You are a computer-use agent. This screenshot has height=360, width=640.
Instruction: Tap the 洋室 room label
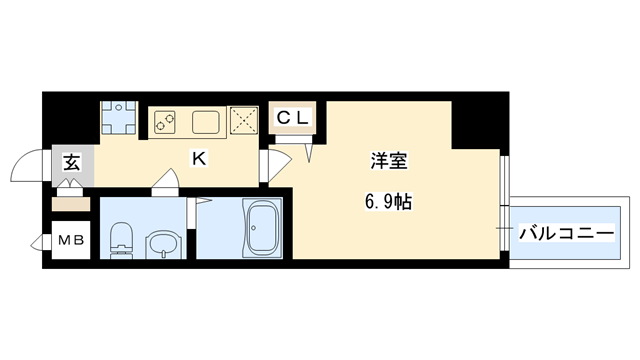click(386, 161)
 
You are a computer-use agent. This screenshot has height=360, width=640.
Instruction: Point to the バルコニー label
click(565, 235)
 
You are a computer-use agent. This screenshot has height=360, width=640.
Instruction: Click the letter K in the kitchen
click(198, 158)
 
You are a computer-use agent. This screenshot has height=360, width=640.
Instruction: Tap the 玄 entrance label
click(72, 162)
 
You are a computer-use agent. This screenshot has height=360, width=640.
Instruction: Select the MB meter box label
click(70, 240)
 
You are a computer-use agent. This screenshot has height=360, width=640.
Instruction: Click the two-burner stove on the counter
click(166, 122)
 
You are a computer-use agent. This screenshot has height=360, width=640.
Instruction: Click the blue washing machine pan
click(120, 117)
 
